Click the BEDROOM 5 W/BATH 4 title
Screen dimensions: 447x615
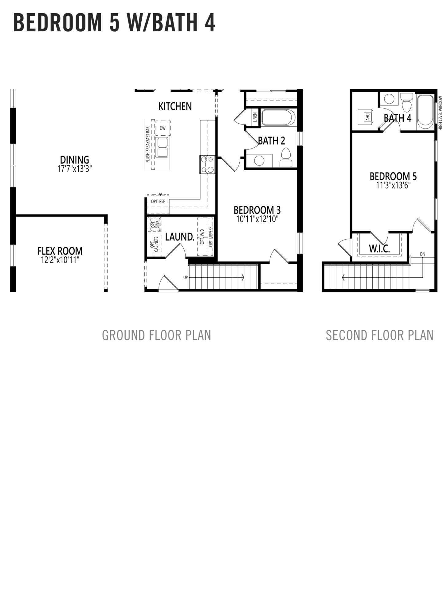114,23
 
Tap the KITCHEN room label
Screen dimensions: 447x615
175,106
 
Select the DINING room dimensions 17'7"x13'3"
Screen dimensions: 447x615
75,169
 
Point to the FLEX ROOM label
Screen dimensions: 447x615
60,251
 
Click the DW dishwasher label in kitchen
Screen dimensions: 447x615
163,128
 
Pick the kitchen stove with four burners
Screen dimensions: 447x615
207,165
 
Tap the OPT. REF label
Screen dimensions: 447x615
158,201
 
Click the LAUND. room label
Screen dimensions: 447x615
180,237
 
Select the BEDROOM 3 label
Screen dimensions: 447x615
257,210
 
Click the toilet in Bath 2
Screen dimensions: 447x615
286,157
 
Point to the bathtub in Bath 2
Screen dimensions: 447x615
278,117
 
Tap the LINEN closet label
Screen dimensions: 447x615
255,117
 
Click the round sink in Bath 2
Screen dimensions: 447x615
260,161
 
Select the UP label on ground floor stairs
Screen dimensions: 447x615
186,277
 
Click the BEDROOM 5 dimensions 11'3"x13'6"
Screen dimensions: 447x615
393,186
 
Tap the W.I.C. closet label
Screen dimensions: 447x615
379,249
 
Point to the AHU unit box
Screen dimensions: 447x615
367,117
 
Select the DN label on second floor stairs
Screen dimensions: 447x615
423,254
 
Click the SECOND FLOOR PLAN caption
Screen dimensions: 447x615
380,335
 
